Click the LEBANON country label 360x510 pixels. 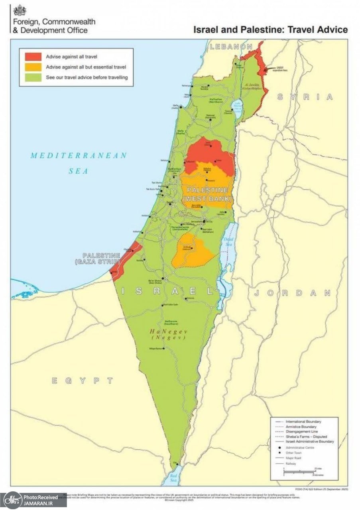point(231,47)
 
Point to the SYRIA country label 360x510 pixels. point(305,97)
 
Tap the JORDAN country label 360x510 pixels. point(293,293)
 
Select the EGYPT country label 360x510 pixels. point(82,381)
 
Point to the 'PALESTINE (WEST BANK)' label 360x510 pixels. point(207,194)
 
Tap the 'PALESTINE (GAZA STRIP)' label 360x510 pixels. point(101,258)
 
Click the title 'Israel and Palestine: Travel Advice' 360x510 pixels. point(270,29)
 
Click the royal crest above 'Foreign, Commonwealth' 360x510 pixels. point(20,10)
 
